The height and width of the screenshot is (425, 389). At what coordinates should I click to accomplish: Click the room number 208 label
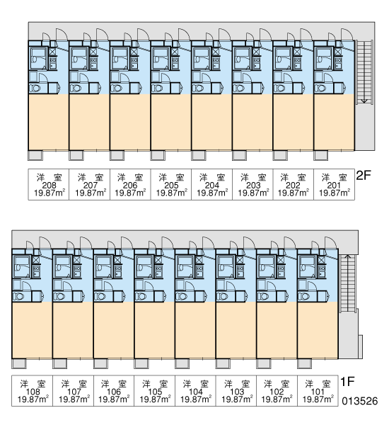49,186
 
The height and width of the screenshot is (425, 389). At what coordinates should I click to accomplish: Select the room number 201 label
334,186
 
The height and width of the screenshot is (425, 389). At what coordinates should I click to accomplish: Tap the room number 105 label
155,392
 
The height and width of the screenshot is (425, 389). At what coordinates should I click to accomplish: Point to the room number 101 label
318,392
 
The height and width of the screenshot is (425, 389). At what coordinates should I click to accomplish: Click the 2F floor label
364,176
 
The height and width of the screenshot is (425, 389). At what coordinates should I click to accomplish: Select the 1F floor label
347,382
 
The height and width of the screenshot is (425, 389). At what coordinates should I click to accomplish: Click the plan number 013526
359,401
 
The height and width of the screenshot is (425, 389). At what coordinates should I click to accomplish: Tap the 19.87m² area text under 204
212,193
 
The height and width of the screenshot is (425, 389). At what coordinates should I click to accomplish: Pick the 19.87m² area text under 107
74,399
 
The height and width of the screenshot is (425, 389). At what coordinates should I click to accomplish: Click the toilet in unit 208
35,89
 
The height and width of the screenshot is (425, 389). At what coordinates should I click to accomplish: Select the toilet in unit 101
303,296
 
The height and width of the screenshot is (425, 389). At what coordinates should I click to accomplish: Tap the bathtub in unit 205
160,58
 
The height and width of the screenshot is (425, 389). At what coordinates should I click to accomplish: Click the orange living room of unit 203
252,122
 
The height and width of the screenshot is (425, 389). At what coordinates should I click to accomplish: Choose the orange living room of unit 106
114,329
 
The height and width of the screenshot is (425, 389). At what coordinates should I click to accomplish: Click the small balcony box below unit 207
76,156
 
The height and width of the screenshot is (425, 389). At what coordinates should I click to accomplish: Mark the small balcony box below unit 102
264,363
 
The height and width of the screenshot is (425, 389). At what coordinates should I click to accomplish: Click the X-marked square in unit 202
297,52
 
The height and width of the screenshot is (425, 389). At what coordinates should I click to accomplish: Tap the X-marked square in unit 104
199,260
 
